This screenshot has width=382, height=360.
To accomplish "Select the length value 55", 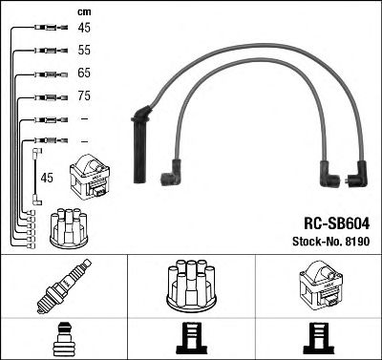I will (x=84, y=49).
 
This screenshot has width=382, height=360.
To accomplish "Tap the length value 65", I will (x=84, y=72).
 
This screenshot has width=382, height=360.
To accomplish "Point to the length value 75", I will (x=84, y=95).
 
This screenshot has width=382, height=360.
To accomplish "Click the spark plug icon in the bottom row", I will (x=63, y=287).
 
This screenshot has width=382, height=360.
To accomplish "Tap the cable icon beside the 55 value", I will (x=45, y=50).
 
